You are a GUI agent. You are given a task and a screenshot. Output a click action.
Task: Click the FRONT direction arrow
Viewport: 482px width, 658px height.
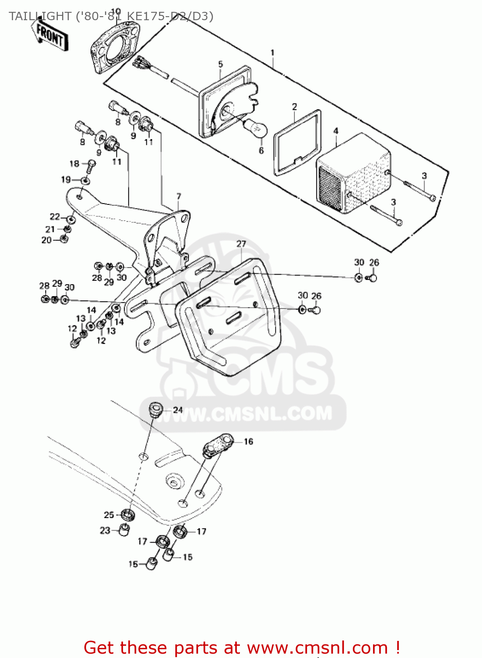click(50, 34)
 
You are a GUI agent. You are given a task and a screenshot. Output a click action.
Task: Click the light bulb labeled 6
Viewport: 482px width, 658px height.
click(256, 127)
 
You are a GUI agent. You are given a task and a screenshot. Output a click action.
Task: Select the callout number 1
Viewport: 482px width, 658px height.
click(272, 53)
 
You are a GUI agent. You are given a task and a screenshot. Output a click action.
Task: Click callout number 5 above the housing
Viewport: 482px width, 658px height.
click(221, 64)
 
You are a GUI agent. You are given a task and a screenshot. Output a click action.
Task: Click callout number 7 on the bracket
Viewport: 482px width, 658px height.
click(178, 196)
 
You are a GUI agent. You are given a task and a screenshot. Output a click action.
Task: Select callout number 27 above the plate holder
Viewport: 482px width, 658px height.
click(241, 244)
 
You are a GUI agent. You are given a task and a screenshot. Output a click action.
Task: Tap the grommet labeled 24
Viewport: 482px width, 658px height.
click(155, 410)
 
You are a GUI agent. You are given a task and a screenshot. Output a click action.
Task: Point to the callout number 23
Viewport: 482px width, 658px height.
click(105, 530)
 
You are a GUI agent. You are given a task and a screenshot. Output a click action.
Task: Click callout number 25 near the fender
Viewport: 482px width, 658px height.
click(109, 515)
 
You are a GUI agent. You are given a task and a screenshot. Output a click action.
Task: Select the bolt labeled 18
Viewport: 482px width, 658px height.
click(91, 165)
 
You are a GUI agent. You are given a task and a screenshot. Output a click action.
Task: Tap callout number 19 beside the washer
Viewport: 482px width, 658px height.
click(66, 179)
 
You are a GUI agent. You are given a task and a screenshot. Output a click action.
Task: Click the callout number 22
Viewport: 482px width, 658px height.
click(54, 217)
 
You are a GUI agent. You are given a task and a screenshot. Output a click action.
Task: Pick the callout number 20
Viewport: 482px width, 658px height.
click(47, 240)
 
